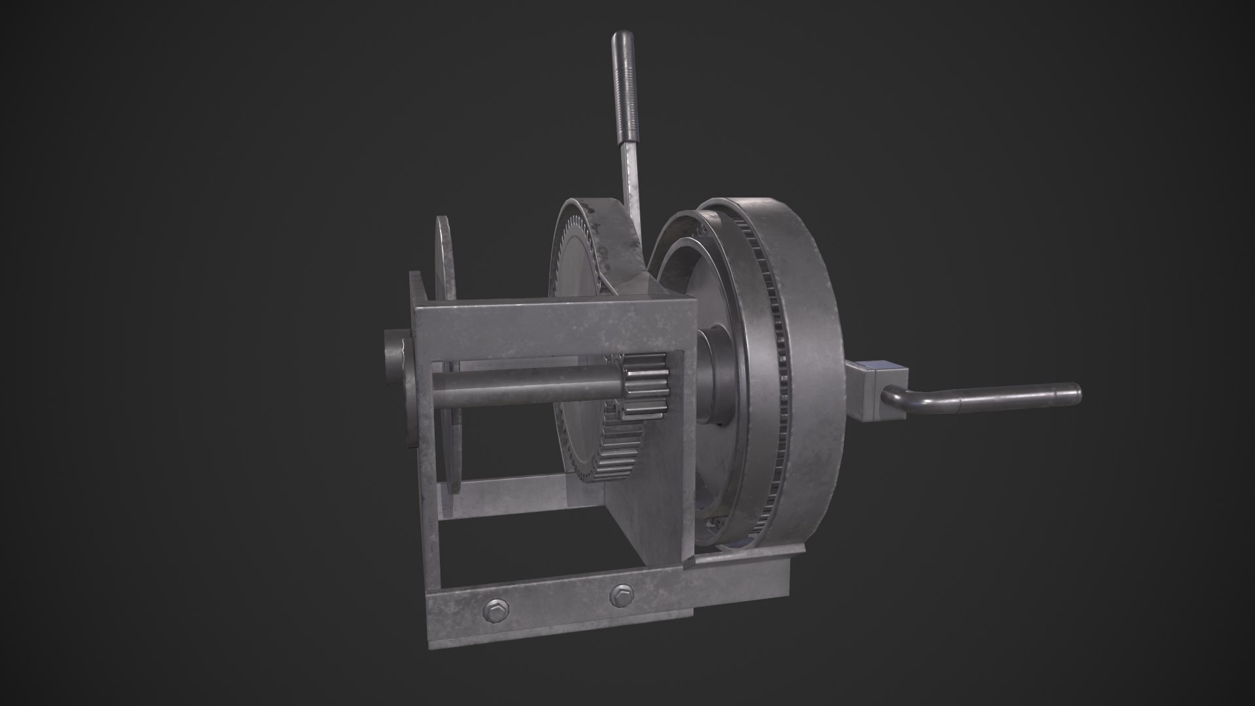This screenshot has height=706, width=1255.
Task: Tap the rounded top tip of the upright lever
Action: pos(618,39)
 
